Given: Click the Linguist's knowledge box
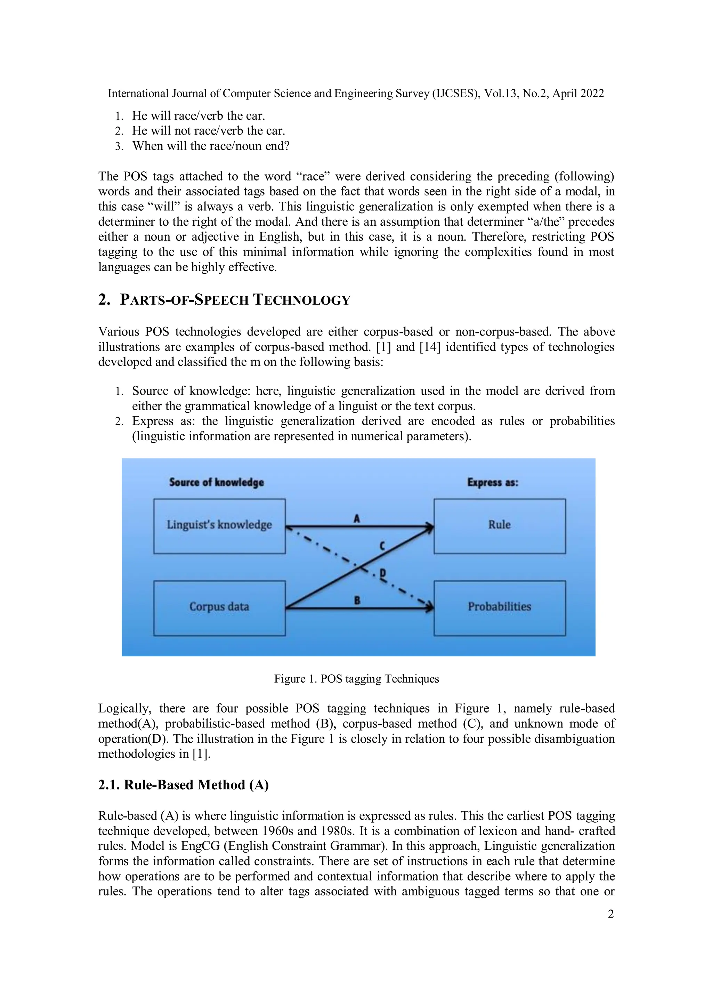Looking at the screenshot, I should pos(219,525).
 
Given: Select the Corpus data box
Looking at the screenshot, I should pos(219,607).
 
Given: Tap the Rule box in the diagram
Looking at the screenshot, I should pos(499,525).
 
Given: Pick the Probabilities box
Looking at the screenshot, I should pos(499,607).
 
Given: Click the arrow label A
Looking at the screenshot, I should pos(357,519).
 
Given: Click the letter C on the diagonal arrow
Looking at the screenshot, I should pos(382,546).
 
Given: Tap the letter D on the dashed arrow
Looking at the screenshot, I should pos(382,573).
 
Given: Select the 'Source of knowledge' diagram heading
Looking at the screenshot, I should pos(217,482).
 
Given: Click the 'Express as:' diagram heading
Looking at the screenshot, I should pos(492,482).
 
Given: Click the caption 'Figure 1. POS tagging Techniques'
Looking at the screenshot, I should pos(356,679).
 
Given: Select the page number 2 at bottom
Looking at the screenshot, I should pos(611,914).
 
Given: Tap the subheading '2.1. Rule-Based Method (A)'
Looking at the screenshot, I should pos(183,785).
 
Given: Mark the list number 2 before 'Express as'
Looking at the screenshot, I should pos(119,421).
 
